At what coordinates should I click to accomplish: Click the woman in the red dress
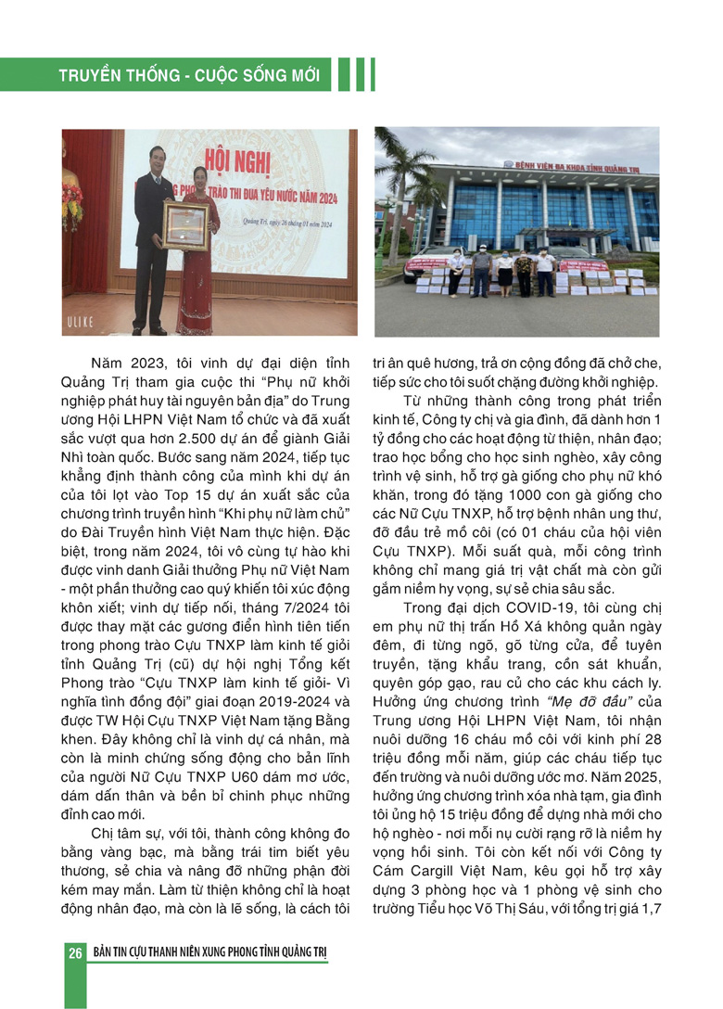(x=198, y=269)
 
